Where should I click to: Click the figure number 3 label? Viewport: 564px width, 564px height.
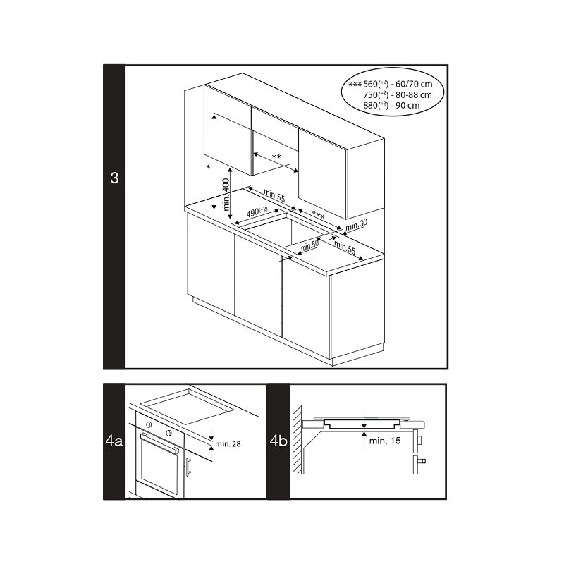pos(114,178)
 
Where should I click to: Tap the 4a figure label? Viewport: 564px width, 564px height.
pos(114,441)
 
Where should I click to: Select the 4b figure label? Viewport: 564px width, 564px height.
pos(278,441)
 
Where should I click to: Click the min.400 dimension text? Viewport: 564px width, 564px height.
pos(226,195)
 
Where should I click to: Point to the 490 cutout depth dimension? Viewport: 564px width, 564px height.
pos(257,212)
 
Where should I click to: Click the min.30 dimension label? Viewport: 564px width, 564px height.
pos(357,225)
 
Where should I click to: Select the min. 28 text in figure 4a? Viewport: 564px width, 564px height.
pos(228,444)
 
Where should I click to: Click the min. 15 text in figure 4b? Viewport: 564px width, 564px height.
pos(385,441)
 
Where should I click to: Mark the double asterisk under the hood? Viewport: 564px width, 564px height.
pos(276,157)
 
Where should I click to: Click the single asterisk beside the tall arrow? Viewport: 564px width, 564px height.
pos(208,167)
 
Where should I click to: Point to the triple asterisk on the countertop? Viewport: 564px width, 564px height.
pos(318,216)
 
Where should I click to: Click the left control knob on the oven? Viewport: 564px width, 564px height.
pos(148,425)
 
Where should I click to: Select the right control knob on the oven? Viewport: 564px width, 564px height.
pos(168,432)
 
